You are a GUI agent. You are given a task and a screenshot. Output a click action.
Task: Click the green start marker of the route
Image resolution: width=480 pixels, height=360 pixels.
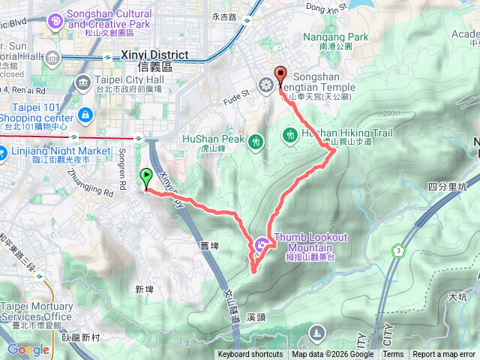pyautogui.click(x=145, y=178)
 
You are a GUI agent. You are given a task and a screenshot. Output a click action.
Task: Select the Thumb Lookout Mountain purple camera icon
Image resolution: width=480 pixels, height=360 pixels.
pyautogui.click(x=261, y=242)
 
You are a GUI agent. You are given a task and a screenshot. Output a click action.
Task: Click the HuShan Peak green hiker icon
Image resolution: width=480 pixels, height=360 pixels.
pyautogui.click(x=257, y=140)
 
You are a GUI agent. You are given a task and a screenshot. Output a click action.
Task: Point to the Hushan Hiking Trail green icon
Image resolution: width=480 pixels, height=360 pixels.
pyautogui.click(x=289, y=135)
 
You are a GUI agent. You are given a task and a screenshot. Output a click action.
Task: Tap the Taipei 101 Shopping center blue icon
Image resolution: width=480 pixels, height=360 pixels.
pyautogui.click(x=85, y=115)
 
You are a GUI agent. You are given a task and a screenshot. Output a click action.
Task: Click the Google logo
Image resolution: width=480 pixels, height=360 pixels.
pyautogui.click(x=28, y=349)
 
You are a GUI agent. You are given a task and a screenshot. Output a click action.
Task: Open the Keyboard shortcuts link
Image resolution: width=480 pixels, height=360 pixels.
pyautogui.click(x=250, y=355)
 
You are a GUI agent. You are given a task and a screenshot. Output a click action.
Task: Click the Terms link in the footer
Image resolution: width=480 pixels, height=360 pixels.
pyautogui.click(x=393, y=355)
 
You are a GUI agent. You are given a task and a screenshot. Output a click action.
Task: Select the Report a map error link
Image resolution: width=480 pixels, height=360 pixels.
pyautogui.click(x=444, y=355)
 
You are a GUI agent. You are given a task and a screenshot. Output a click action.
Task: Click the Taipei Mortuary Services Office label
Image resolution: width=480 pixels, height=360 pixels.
pyautogui.click(x=37, y=311)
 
